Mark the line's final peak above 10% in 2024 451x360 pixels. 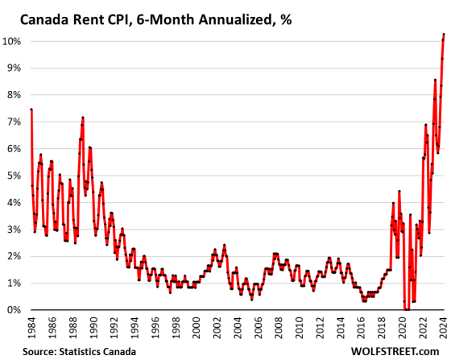(x=444, y=35)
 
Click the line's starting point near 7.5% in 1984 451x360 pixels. (x=31, y=110)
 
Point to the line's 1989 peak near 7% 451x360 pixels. (x=83, y=118)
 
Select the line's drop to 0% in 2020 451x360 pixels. (x=405, y=309)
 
